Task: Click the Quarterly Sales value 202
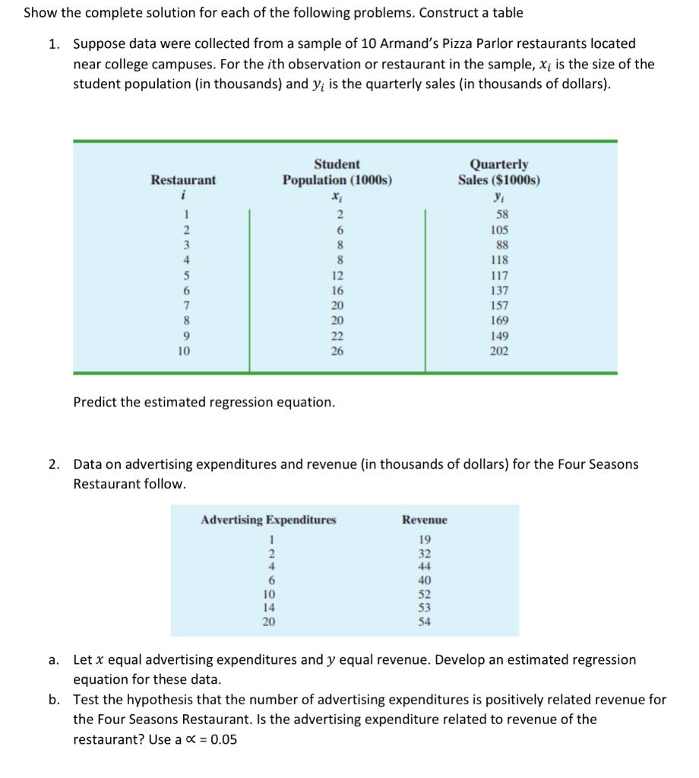[x=499, y=352]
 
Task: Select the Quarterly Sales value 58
[x=499, y=215]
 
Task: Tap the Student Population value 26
[x=337, y=352]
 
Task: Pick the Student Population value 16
[x=337, y=291]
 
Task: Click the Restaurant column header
[x=182, y=180]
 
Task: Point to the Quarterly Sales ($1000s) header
[x=499, y=172]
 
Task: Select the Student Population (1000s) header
[x=337, y=172]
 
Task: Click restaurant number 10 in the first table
[x=182, y=352]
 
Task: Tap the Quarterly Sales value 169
[x=499, y=321]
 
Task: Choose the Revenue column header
[x=424, y=520]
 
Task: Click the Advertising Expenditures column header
[x=268, y=520]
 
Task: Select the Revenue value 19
[x=424, y=539]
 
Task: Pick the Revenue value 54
[x=424, y=621]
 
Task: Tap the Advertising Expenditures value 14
[x=268, y=608]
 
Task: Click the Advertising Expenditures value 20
[x=268, y=621]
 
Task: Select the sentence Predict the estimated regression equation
[x=204, y=402]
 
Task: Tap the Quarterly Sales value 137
[x=499, y=291]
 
